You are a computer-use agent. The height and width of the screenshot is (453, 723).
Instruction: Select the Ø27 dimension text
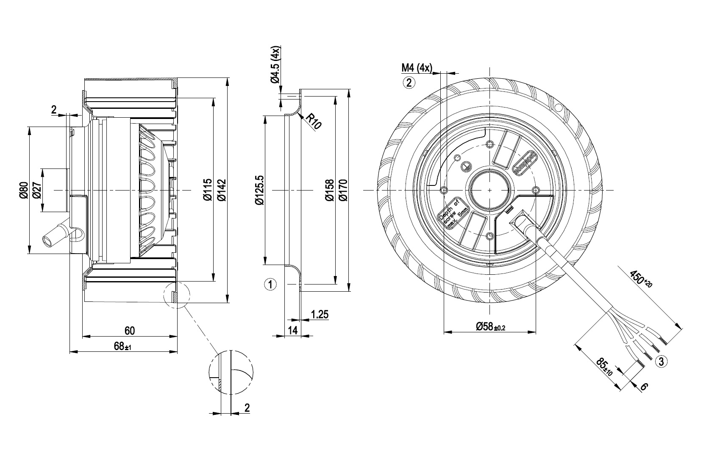point(36,190)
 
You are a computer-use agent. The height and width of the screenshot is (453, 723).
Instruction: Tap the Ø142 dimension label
point(220,190)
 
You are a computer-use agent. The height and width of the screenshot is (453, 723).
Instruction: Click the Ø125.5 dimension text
point(259,190)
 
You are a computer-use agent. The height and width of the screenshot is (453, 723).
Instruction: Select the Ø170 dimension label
point(343,190)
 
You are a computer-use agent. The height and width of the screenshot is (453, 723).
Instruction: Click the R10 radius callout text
point(314,121)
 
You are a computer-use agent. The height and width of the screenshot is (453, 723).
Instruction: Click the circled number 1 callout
point(270,284)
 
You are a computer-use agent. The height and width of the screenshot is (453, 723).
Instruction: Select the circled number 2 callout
point(409,82)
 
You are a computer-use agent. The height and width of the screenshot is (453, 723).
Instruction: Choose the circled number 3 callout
point(661,361)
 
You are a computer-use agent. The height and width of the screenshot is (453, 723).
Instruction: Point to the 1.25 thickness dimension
point(320,315)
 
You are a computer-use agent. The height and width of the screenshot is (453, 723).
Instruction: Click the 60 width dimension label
point(129,330)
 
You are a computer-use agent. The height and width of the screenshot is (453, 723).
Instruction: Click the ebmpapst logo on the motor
point(526,163)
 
